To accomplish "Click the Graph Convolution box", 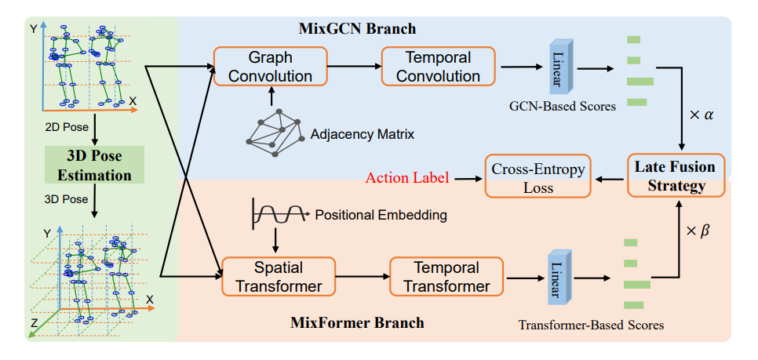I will (270, 67).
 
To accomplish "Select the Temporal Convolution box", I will (439, 67).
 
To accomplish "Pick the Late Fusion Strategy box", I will (676, 176).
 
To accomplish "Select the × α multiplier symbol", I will (700, 115).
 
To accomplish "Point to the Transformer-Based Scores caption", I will (592, 324).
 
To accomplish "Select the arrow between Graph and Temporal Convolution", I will (353, 67).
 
